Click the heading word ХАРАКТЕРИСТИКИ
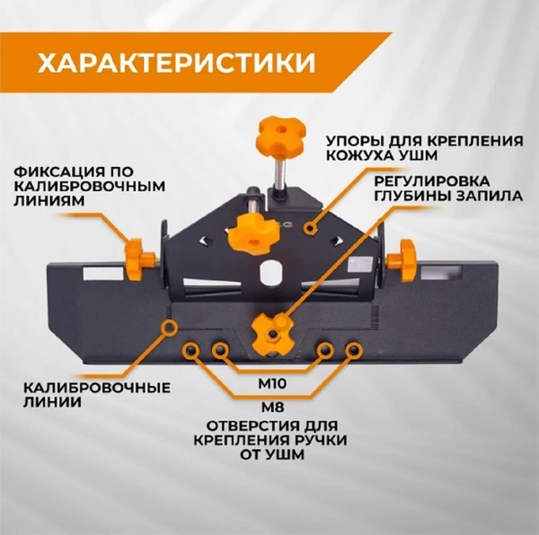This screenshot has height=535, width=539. (x=175, y=63)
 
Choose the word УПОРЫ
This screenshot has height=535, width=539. (x=351, y=142)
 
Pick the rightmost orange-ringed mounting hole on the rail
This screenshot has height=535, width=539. (x=356, y=347)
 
